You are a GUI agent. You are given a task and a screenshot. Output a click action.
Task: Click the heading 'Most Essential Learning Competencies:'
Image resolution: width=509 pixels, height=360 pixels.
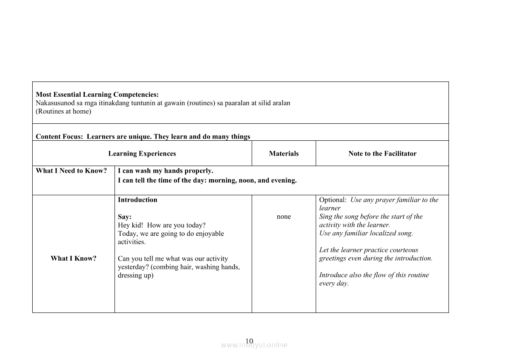(97, 95)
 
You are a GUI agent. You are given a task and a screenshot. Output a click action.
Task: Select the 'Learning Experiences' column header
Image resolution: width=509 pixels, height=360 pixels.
(142, 153)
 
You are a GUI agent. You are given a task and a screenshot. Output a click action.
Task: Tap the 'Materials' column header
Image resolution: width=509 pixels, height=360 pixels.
(284, 153)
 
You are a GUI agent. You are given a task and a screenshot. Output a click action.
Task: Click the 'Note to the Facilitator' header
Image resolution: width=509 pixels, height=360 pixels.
(382, 153)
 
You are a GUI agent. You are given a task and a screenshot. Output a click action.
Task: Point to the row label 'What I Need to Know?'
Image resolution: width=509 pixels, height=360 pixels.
(71, 171)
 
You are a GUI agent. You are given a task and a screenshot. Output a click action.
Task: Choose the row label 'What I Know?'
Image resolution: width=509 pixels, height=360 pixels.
(74, 258)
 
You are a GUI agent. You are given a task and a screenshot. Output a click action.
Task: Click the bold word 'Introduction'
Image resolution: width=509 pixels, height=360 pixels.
(138, 200)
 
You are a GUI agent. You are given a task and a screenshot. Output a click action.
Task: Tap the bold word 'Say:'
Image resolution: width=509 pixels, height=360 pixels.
(125, 217)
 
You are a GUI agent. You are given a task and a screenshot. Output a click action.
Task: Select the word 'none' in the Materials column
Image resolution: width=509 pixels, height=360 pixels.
(284, 217)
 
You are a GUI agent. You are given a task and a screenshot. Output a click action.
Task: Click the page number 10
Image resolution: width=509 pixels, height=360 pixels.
(249, 341)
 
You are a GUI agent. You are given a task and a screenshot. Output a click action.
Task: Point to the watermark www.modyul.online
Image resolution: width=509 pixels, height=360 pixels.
(254, 345)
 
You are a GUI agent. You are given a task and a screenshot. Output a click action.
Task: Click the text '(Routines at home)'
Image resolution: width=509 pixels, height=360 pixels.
(64, 111)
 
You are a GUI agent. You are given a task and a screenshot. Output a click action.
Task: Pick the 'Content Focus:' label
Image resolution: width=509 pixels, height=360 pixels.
(59, 136)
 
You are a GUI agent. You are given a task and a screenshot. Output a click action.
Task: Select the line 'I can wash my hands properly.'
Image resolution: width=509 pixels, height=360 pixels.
(165, 171)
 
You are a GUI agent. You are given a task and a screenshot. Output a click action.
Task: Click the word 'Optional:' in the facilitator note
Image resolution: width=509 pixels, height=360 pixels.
(333, 200)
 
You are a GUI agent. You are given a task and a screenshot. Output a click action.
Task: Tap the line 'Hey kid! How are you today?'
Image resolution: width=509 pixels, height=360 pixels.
(162, 225)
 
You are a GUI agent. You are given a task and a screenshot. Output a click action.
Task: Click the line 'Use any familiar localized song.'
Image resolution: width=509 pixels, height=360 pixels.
(366, 233)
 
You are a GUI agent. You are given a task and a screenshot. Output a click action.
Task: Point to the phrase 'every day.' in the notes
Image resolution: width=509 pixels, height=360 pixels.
(334, 283)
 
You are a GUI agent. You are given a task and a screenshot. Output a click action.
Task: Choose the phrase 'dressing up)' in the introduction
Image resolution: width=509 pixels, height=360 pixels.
(136, 275)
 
